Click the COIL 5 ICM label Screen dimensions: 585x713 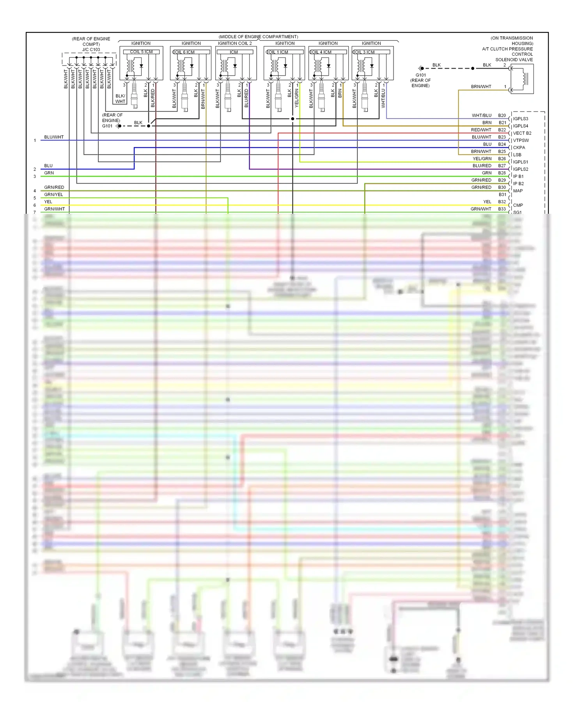[x=141, y=52]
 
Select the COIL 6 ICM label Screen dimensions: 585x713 [x=184, y=52]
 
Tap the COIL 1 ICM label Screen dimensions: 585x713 [x=277, y=52]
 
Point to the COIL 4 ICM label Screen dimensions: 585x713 [x=321, y=52]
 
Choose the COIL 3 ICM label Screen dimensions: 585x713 [x=364, y=52]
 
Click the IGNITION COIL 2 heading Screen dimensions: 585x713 [x=235, y=43]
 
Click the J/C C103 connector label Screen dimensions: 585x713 [x=91, y=50]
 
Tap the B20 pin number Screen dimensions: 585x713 [x=502, y=115]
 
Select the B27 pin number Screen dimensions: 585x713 [x=502, y=166]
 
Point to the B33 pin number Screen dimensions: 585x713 [x=502, y=209]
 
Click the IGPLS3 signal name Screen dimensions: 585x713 [x=521, y=119]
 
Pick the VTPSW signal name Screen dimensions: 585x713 [x=521, y=140]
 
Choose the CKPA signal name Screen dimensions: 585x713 [x=519, y=147]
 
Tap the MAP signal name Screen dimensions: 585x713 [x=518, y=191]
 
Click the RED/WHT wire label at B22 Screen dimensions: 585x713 [x=481, y=130]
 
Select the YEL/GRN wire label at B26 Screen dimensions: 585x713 [x=482, y=159]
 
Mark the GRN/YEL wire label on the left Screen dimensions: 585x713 [x=53, y=195]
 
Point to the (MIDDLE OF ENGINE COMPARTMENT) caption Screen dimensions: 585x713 [x=258, y=37]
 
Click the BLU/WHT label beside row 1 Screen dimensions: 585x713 [x=54, y=137]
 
